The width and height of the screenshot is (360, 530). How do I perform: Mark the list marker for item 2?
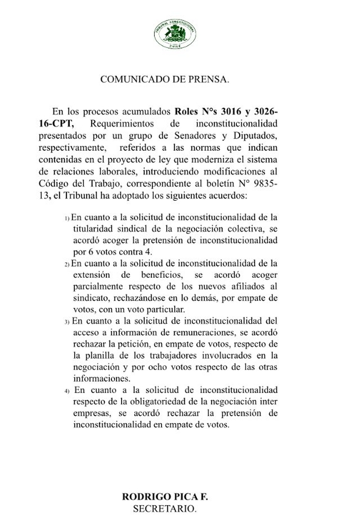(x=67, y=263)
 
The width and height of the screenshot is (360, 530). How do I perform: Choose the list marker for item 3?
(x=67, y=322)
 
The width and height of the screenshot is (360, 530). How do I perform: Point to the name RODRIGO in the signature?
(x=146, y=497)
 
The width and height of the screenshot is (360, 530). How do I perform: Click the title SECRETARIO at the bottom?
(x=164, y=508)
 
